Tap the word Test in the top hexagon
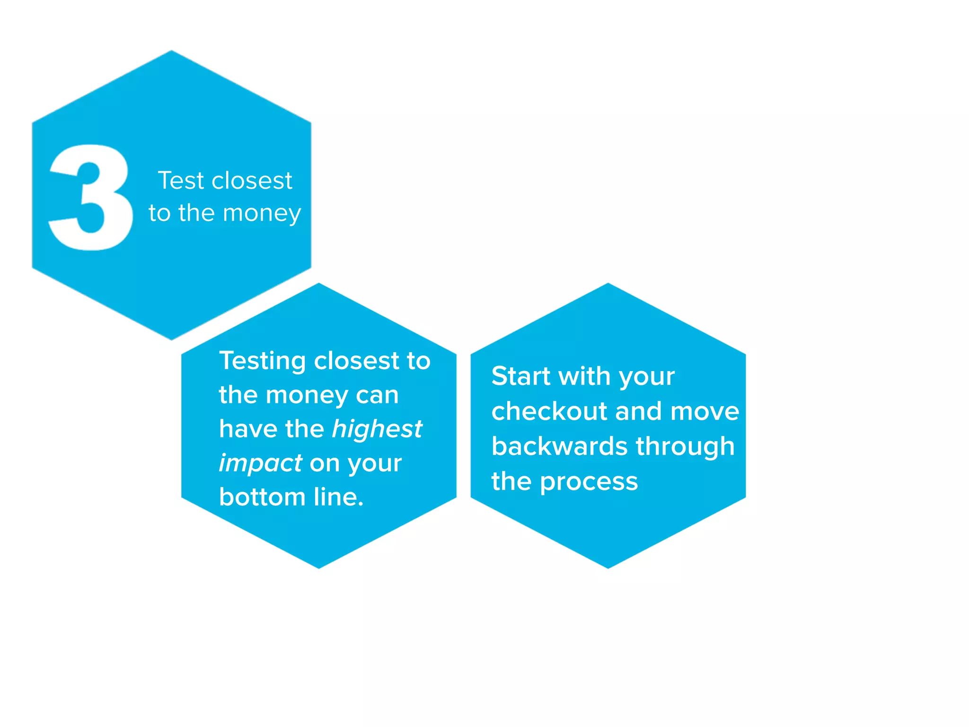pos(180,180)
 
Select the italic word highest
pos(377,429)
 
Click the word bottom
pos(262,497)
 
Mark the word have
pos(248,429)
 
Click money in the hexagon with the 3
pos(262,213)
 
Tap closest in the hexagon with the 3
pos(252,180)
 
